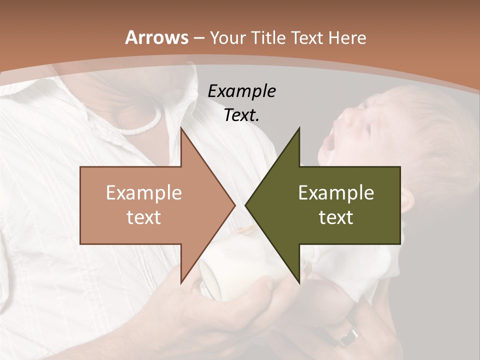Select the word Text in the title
pos(308,37)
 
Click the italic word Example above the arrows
pos(242,91)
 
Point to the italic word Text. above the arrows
pos(242,115)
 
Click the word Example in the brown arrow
pos(144,193)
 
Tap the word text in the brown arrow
pos(144,217)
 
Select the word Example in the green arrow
pos(336,193)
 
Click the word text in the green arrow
pos(336,217)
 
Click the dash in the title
pos(198,38)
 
